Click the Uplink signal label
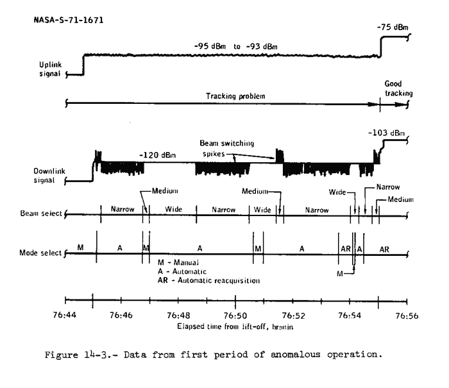49,69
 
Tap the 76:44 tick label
65,316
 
